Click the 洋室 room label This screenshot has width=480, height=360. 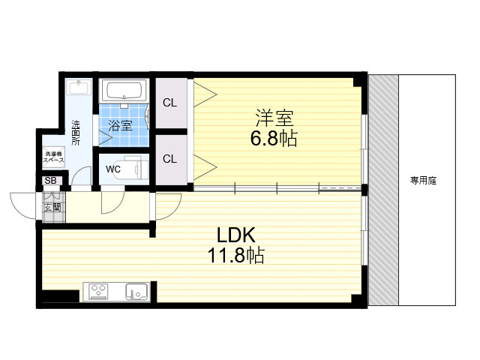[274, 118]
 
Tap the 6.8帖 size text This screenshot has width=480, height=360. [274, 138]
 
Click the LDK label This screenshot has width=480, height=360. [235, 235]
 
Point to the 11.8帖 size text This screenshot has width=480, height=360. [236, 255]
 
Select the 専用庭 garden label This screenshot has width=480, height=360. [423, 181]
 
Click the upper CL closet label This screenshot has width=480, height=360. [170, 103]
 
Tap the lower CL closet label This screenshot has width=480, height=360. [170, 159]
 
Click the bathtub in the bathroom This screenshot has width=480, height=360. [124, 90]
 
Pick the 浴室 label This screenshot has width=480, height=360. [120, 125]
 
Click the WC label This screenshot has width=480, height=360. [113, 169]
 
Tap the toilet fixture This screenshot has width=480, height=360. [136, 167]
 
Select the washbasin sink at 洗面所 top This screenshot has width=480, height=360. [79, 87]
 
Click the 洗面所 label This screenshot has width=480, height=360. [76, 133]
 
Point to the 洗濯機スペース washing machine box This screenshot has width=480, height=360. [53, 157]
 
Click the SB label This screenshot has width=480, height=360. [50, 181]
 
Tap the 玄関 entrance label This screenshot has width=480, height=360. [52, 208]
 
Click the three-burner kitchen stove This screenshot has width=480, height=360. [98, 292]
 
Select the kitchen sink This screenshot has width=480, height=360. [136, 292]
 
